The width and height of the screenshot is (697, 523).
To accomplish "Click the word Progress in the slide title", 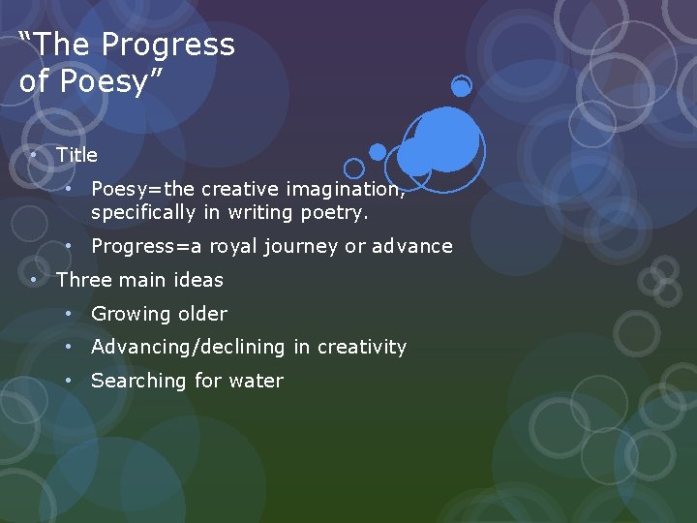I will pyautogui.click(x=167, y=46).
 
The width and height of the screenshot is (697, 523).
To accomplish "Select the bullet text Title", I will pyautogui.click(x=76, y=155).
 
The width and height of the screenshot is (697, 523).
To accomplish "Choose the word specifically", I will pyautogui.click(x=142, y=211).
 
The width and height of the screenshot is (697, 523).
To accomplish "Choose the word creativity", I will pyautogui.click(x=362, y=347).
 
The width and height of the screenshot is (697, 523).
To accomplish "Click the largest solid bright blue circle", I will pyautogui.click(x=447, y=138).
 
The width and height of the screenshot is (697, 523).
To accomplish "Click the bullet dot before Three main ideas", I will pyautogui.click(x=33, y=280).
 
